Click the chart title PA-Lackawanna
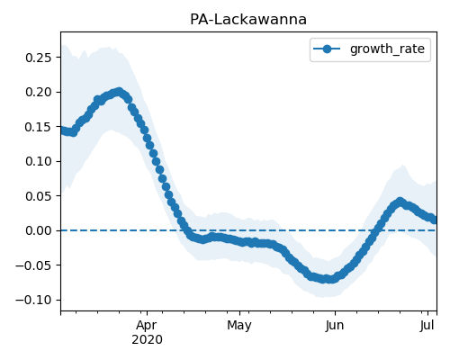click(x=248, y=20)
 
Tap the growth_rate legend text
click(x=387, y=49)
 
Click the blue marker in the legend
click(x=327, y=49)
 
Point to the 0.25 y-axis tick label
click(x=39, y=58)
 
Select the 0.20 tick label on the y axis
click(x=39, y=92)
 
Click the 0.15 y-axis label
click(x=39, y=127)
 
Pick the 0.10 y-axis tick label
click(x=39, y=161)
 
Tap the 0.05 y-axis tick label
click(x=39, y=196)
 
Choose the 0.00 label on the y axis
click(x=39, y=230)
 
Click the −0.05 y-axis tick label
click(x=33, y=265)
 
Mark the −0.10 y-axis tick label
click(x=33, y=300)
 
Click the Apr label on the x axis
click(x=147, y=326)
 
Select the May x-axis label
click(x=239, y=326)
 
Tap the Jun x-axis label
click(x=335, y=326)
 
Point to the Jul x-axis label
click(x=427, y=326)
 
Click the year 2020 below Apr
click(x=147, y=340)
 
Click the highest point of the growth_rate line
click(x=120, y=91)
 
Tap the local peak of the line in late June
click(x=400, y=202)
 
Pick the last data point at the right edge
click(x=434, y=220)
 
